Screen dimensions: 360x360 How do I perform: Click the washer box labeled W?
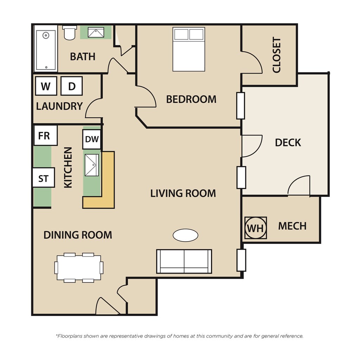pos(46,86)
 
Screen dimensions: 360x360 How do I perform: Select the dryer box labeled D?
pos(72,86)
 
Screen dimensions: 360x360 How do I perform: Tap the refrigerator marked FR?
pos(45,136)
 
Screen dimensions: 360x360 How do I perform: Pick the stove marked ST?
pos(44,178)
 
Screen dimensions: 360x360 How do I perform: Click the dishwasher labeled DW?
pos(92,139)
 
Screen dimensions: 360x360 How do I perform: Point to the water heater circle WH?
pos(256,228)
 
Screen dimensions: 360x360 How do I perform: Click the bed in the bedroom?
pos(189,49)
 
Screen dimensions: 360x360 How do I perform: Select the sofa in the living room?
pos(184,261)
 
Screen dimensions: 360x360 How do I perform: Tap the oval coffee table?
pos(186,235)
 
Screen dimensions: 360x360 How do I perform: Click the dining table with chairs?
pos(79,268)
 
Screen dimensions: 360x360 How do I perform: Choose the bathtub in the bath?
pos(46,50)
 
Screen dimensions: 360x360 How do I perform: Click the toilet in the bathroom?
pos(69,33)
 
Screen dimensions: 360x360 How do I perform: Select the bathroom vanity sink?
pos(96,33)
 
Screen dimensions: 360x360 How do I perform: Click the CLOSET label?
pos(277,55)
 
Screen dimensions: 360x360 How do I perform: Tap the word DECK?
pos(288,142)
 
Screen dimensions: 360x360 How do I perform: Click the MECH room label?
pos(292,226)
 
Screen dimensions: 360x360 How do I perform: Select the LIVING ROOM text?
pos(183,193)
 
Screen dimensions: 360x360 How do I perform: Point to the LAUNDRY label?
pos(59,106)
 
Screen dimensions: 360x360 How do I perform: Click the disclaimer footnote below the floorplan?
pos(179,336)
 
